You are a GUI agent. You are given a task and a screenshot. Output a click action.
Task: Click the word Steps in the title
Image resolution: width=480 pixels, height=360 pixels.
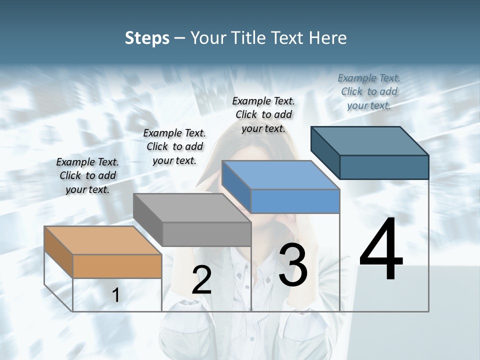pyautogui.click(x=147, y=38)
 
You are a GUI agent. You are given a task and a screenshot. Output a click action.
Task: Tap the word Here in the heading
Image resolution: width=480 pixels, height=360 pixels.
pyautogui.click(x=327, y=38)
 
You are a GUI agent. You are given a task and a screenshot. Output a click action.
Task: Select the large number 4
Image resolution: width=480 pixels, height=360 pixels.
pyautogui.click(x=381, y=249)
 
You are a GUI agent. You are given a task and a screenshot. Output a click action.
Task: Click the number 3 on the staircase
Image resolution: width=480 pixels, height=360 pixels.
pyautogui.click(x=293, y=264)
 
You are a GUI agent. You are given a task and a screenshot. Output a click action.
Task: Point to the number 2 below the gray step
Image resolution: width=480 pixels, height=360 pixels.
pyautogui.click(x=201, y=280)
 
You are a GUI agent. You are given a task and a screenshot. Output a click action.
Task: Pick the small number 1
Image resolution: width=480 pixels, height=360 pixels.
pyautogui.click(x=116, y=295)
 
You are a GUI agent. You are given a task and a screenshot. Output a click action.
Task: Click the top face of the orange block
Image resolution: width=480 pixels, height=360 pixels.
pyautogui.click(x=102, y=240)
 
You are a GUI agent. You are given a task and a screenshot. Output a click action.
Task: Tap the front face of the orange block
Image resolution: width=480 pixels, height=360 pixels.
pyautogui.click(x=117, y=266)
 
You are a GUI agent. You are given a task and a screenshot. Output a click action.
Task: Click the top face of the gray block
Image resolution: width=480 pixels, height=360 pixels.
pyautogui.click(x=191, y=207)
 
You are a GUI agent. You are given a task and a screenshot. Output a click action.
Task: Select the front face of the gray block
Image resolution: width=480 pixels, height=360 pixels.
pyautogui.click(x=206, y=234)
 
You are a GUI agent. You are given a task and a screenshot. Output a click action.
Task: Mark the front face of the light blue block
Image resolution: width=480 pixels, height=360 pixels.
pyautogui.click(x=295, y=201)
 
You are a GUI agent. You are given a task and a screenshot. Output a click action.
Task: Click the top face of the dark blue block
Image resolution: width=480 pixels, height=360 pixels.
pyautogui.click(x=369, y=140)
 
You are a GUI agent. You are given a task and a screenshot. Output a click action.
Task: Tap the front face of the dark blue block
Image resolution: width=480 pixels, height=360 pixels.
pyautogui.click(x=384, y=167)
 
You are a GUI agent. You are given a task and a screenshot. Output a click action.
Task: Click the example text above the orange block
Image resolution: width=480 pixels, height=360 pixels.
pyautogui.click(x=87, y=175)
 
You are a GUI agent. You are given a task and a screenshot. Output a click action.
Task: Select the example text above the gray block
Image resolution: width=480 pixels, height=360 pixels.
pyautogui.click(x=174, y=146)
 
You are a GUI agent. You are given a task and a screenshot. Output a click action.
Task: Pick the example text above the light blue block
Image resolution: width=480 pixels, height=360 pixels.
pyautogui.click(x=263, y=114)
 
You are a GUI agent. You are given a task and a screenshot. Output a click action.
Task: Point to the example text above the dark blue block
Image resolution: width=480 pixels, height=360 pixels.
pyautogui.click(x=369, y=91)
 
